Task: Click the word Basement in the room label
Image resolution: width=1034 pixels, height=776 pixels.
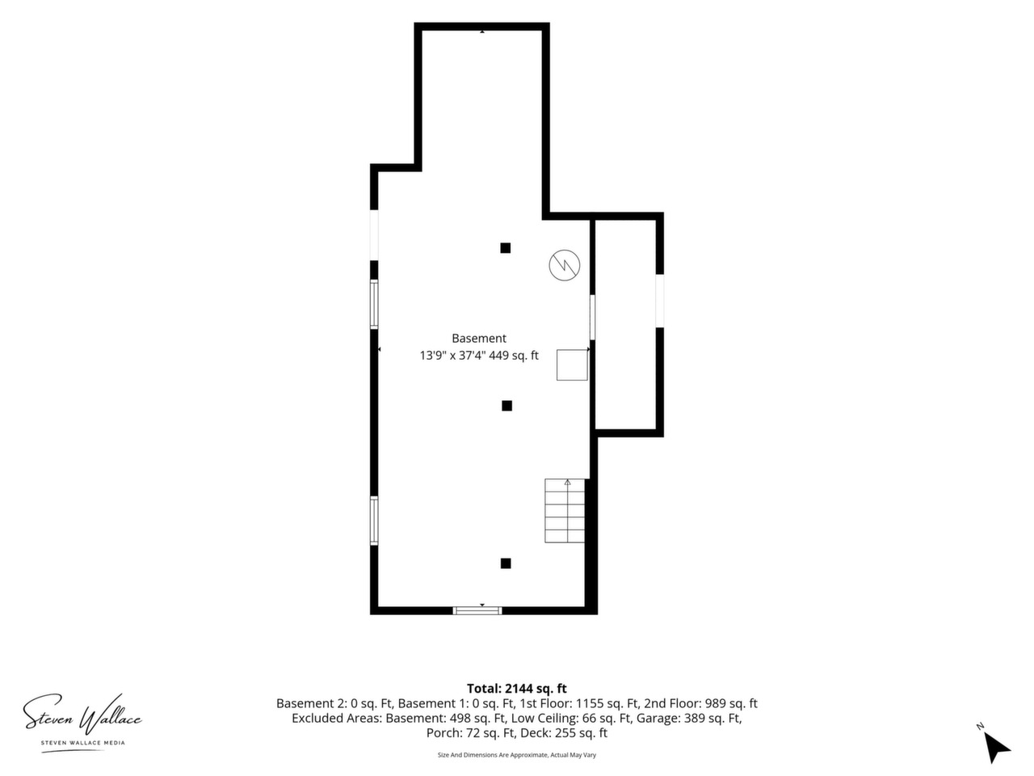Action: pyautogui.click(x=478, y=339)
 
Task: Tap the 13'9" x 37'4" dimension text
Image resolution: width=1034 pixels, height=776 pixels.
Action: pyautogui.click(x=452, y=355)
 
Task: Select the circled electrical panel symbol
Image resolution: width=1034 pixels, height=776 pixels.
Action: pyautogui.click(x=565, y=265)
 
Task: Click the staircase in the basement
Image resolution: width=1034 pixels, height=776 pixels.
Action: pyautogui.click(x=565, y=511)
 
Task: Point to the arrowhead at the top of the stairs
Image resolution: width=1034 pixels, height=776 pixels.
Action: pyautogui.click(x=568, y=482)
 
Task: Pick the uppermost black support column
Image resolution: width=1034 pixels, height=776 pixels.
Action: pyautogui.click(x=506, y=248)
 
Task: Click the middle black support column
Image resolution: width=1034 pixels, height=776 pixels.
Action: pyautogui.click(x=506, y=406)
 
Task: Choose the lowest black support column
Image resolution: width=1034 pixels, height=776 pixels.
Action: pyautogui.click(x=506, y=563)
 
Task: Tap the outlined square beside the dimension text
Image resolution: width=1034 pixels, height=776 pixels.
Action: pyautogui.click(x=572, y=365)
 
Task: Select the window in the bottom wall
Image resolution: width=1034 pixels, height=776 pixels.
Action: pyautogui.click(x=477, y=610)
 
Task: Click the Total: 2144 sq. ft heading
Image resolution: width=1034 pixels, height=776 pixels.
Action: pyautogui.click(x=517, y=689)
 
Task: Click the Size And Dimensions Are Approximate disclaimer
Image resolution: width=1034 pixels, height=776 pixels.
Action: pyautogui.click(x=517, y=755)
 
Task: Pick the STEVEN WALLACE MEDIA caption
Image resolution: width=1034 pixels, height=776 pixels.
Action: pyautogui.click(x=83, y=743)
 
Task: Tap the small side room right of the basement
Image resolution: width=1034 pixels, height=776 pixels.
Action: pyautogui.click(x=626, y=325)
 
